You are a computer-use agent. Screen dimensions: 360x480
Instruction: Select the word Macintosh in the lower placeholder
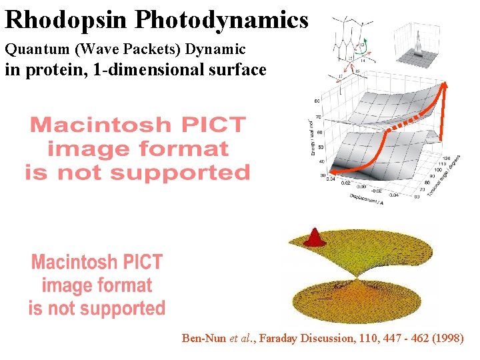(97, 261)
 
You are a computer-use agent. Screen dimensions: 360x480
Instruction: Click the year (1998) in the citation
(448, 339)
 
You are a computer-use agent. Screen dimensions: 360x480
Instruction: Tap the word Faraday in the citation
(279, 339)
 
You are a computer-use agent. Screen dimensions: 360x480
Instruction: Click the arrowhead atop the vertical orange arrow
(445, 86)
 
